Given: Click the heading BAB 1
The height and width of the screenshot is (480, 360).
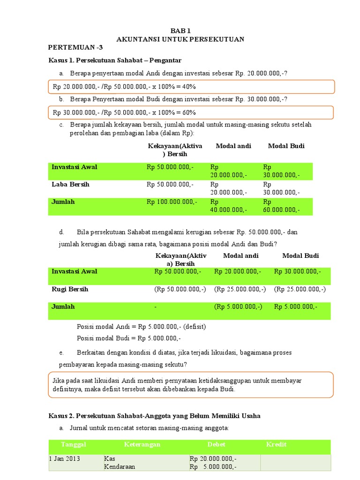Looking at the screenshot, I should [x=180, y=30].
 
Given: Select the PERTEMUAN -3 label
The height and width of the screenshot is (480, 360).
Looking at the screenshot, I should [x=75, y=48].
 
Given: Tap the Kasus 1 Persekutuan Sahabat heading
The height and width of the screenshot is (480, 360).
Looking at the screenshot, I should [x=115, y=60].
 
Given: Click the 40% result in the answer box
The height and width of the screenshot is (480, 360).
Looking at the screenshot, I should [x=186, y=87].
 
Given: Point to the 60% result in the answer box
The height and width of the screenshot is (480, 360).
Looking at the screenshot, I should [x=186, y=112].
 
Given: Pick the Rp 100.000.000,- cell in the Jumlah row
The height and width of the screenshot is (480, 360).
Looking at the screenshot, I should [x=172, y=202].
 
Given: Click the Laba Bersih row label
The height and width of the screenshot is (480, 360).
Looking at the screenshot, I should [x=70, y=184].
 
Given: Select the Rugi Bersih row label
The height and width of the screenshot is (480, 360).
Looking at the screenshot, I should [x=70, y=289].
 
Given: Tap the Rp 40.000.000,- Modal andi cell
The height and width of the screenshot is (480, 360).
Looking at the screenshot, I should [x=228, y=206].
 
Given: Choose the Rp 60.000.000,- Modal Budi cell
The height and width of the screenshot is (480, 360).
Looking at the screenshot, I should [x=281, y=206].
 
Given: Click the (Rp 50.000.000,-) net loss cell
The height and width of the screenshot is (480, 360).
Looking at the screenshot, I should [x=180, y=289].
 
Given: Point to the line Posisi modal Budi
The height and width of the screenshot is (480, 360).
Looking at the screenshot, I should [x=128, y=338].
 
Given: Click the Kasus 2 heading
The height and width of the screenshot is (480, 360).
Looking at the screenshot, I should [x=154, y=416].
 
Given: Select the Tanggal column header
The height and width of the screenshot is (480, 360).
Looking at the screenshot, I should [x=74, y=444].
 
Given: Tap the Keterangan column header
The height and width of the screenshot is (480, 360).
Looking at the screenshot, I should [x=142, y=444].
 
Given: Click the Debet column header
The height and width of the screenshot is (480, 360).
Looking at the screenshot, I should [x=217, y=444].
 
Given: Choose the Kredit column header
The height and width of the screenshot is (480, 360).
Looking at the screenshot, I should [x=276, y=444].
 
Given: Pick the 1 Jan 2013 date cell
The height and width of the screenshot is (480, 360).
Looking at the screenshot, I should [x=66, y=458].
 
